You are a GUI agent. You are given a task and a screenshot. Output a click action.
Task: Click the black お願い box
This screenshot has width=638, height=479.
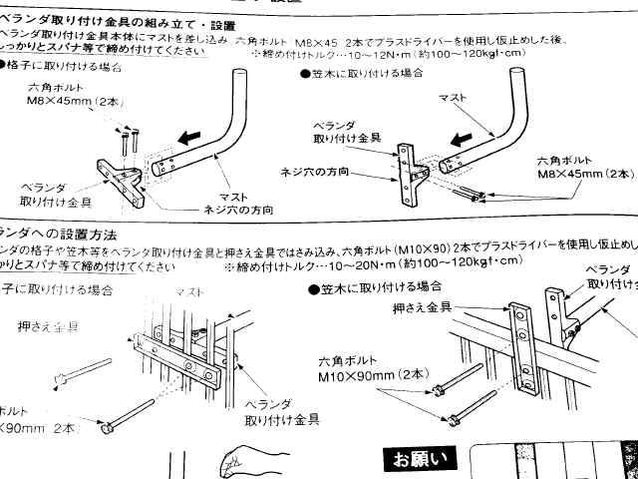418,459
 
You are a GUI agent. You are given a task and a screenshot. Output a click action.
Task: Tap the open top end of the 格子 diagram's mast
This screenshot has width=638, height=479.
239,76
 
